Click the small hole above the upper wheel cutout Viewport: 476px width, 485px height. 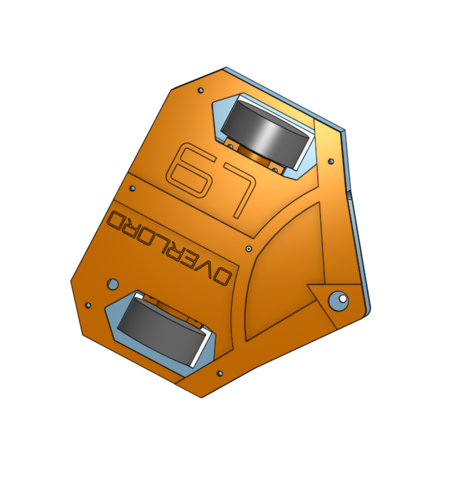201,90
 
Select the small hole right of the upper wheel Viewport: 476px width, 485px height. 331,161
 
